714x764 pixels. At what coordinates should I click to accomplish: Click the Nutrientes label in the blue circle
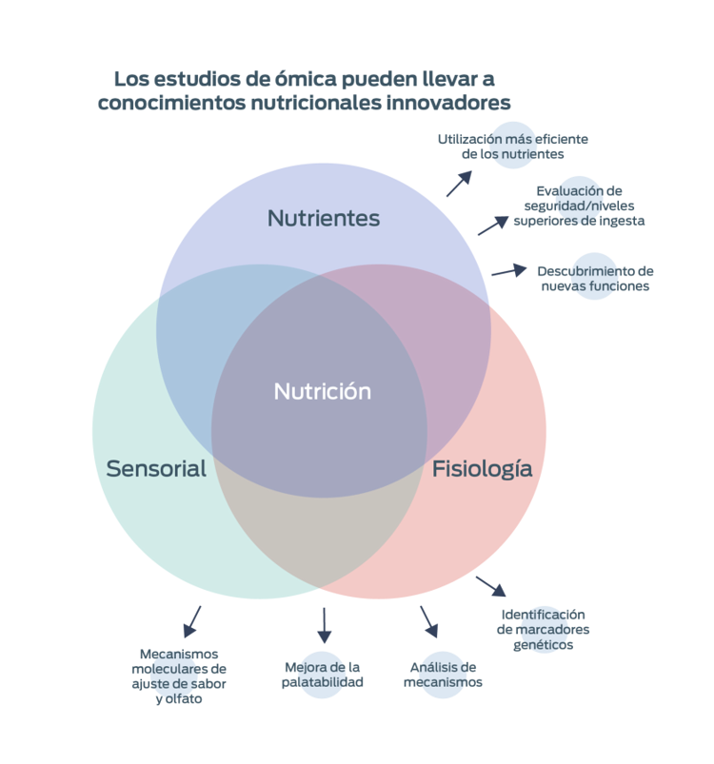click(x=323, y=218)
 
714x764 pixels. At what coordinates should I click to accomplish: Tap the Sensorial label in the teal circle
click(x=156, y=468)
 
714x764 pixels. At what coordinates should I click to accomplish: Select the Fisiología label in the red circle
click(x=482, y=468)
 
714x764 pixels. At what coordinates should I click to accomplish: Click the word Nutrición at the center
click(x=323, y=391)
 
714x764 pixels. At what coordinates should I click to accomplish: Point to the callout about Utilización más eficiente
click(x=513, y=146)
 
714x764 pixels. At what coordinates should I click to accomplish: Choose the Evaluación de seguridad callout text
click(x=580, y=205)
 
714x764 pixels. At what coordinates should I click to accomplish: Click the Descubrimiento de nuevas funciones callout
click(x=594, y=277)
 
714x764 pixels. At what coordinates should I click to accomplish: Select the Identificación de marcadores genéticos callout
click(x=543, y=629)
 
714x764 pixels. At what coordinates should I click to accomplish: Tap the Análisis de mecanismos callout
click(x=443, y=674)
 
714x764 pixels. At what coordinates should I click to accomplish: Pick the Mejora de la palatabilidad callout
click(x=323, y=674)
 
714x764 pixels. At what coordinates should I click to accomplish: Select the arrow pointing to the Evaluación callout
click(x=492, y=225)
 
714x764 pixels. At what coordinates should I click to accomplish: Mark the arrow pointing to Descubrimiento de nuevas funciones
click(x=509, y=270)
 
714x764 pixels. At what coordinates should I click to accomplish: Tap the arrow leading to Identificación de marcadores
click(x=490, y=583)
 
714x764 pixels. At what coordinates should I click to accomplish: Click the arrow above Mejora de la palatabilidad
click(x=324, y=624)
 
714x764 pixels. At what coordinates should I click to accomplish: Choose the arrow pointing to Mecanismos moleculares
click(x=191, y=620)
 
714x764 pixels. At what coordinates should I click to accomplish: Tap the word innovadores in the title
click(x=449, y=102)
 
